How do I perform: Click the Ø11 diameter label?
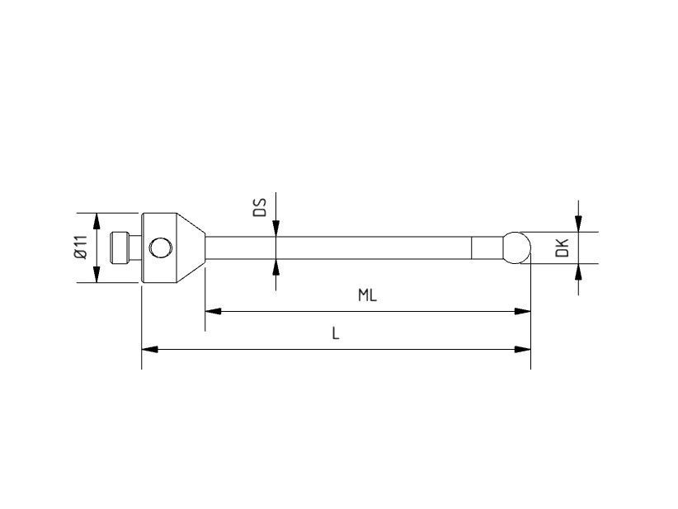[80, 247]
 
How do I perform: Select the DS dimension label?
[259, 207]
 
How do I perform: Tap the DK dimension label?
[563, 247]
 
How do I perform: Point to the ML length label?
[367, 295]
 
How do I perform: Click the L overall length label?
[336, 333]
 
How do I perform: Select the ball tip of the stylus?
[516, 247]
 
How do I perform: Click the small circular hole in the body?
[160, 247]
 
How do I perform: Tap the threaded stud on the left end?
[121, 247]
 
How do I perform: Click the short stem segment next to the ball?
[487, 247]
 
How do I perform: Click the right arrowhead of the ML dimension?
[522, 311]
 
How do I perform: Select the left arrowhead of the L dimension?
[150, 349]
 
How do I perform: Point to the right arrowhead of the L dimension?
[522, 349]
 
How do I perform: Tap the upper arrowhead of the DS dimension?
[275, 229]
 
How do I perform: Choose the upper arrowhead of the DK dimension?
[579, 224]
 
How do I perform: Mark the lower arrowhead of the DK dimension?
[579, 271]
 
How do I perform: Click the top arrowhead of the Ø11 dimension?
[97, 220]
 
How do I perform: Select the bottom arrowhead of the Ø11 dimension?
[97, 276]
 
